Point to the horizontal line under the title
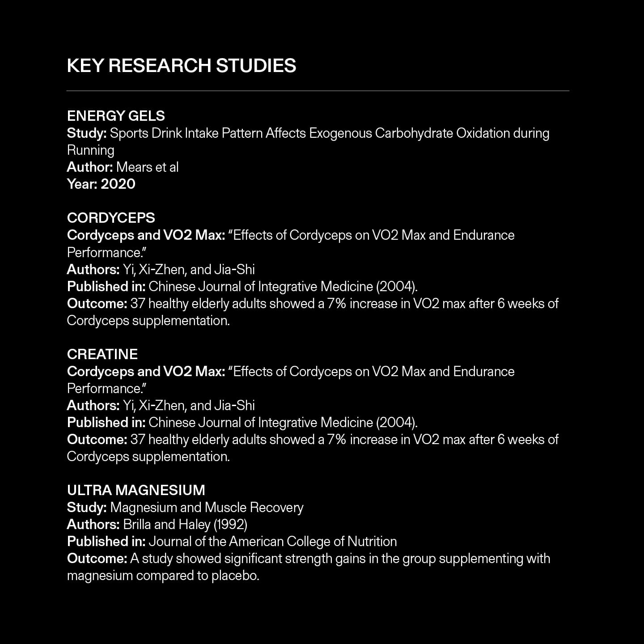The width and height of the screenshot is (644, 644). pos(318,91)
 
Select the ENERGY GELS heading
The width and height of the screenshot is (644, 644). pos(116,116)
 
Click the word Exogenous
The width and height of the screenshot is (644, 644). pos(340,133)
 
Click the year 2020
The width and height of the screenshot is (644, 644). pos(118,184)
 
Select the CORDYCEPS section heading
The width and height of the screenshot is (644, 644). pos(111,218)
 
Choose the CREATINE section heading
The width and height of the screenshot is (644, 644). pos(102,354)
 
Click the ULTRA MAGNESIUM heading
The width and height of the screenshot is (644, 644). pos(136,490)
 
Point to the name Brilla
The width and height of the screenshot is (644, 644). pos(137,524)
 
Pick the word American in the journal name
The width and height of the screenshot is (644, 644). pos(256,542)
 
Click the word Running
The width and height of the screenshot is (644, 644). pos(90,150)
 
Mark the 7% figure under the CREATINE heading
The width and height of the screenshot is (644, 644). pos(337,440)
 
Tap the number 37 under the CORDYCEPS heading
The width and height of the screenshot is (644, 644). pos(138,304)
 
